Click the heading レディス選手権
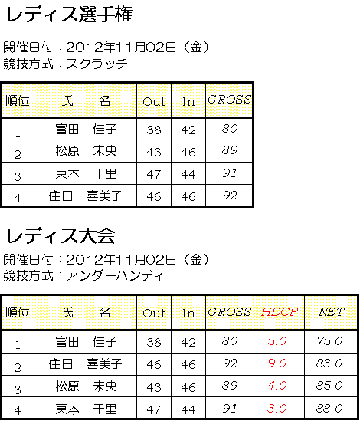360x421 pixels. [69, 15]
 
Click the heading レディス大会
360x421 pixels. [61, 235]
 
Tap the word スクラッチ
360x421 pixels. [97, 64]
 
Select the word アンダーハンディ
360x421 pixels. [115, 275]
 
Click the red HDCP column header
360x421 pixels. [280, 312]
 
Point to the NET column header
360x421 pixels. [332, 312]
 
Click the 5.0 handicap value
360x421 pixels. [277, 341]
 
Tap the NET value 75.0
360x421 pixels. [329, 341]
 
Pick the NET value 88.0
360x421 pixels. [329, 409]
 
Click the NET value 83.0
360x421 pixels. [329, 363]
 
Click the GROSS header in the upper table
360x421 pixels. [229, 100]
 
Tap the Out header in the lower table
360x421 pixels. [154, 313]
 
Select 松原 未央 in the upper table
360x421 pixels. [86, 151]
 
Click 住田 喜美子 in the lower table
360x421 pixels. [85, 363]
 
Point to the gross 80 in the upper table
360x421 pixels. [230, 129]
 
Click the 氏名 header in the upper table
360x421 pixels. [86, 101]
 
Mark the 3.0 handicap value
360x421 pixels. [277, 409]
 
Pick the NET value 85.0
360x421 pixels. [329, 386]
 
